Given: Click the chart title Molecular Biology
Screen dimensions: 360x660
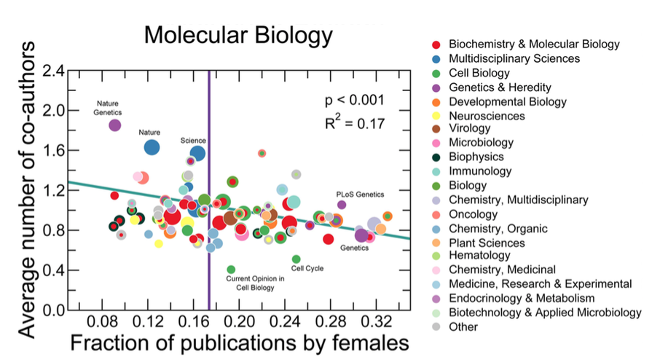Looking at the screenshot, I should pyautogui.click(x=237, y=34).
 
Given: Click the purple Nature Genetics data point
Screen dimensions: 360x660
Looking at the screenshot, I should pyautogui.click(x=114, y=125).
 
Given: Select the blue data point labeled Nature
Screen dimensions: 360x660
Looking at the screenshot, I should pyautogui.click(x=152, y=147).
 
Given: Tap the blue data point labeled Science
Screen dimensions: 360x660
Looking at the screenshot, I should pyautogui.click(x=197, y=153).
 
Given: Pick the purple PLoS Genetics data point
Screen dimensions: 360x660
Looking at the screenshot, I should pyautogui.click(x=342, y=205).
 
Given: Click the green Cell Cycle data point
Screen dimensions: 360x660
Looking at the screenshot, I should pyautogui.click(x=296, y=259).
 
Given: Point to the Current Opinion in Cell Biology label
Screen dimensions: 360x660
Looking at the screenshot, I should pyautogui.click(x=250, y=283).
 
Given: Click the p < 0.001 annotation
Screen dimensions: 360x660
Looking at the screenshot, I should pyautogui.click(x=354, y=100).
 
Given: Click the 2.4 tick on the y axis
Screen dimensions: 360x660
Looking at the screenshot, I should pyautogui.click(x=55, y=71).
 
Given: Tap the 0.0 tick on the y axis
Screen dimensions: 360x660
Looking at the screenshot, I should pyautogui.click(x=55, y=310).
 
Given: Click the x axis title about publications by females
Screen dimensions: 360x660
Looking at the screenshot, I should pyautogui.click(x=235, y=343).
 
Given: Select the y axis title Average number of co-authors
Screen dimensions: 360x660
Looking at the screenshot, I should pyautogui.click(x=27, y=190).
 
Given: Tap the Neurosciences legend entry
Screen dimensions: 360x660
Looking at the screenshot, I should pyautogui.click(x=487, y=115).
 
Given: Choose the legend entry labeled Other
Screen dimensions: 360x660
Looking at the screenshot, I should pyautogui.click(x=463, y=326).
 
